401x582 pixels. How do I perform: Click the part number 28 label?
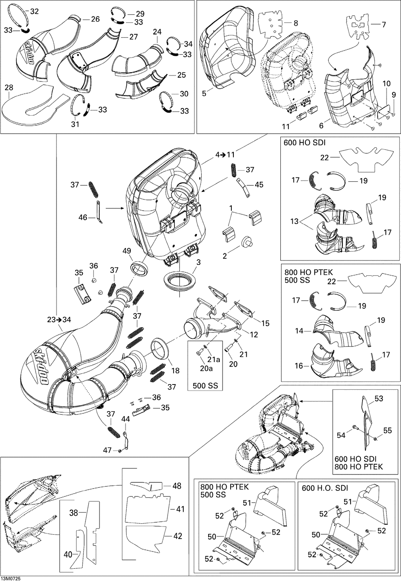(9, 88)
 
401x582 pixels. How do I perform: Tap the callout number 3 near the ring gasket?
(198, 262)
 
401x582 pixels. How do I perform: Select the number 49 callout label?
(127, 251)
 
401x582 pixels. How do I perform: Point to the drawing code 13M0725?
(11, 579)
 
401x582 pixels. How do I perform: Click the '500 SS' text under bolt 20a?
(205, 386)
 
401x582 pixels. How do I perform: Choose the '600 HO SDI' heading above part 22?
(304, 142)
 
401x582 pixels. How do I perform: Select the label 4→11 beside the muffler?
(225, 155)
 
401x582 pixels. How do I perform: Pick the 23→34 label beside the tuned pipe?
(59, 319)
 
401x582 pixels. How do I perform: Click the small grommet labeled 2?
(247, 242)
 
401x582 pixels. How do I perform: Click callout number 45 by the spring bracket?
(259, 185)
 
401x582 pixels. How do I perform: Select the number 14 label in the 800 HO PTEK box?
(299, 331)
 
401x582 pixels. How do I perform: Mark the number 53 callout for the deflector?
(379, 398)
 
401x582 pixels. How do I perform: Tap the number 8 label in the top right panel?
(296, 23)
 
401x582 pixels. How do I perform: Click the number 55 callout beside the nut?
(387, 431)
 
